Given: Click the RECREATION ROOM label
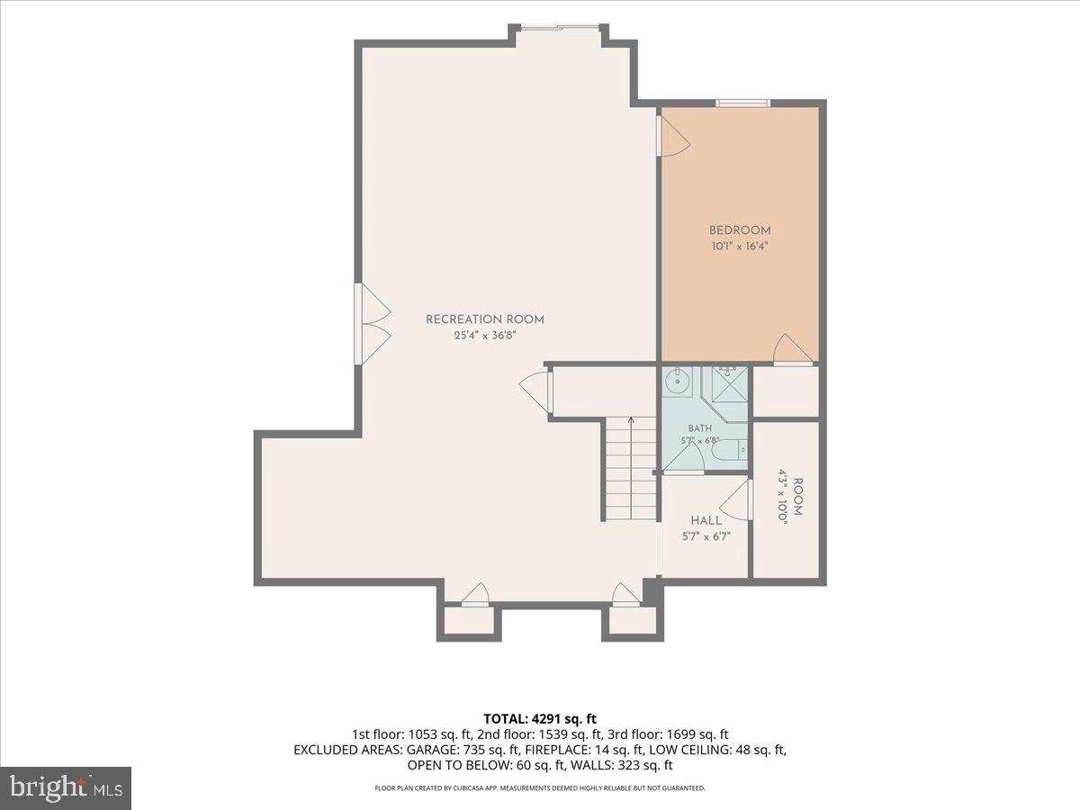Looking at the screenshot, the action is click(x=484, y=319).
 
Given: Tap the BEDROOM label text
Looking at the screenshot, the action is click(x=740, y=230).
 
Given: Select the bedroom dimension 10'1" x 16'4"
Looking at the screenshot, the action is click(x=740, y=246).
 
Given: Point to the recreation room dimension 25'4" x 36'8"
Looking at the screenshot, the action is click(x=484, y=336).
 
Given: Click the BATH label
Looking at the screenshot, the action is click(x=699, y=429).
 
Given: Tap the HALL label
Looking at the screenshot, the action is click(x=706, y=520).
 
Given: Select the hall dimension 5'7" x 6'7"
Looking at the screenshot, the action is click(x=706, y=536).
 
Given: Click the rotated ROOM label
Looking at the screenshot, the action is click(x=797, y=497).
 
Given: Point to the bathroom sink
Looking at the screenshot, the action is click(x=678, y=382).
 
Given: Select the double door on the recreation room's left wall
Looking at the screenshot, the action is click(x=373, y=324).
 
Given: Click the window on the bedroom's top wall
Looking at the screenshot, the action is click(x=742, y=103).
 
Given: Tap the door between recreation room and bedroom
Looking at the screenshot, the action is click(x=672, y=136).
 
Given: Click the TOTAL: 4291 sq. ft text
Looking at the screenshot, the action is click(x=540, y=719).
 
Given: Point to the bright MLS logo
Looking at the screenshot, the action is click(x=66, y=788).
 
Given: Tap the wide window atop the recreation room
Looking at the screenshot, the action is click(x=560, y=28).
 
